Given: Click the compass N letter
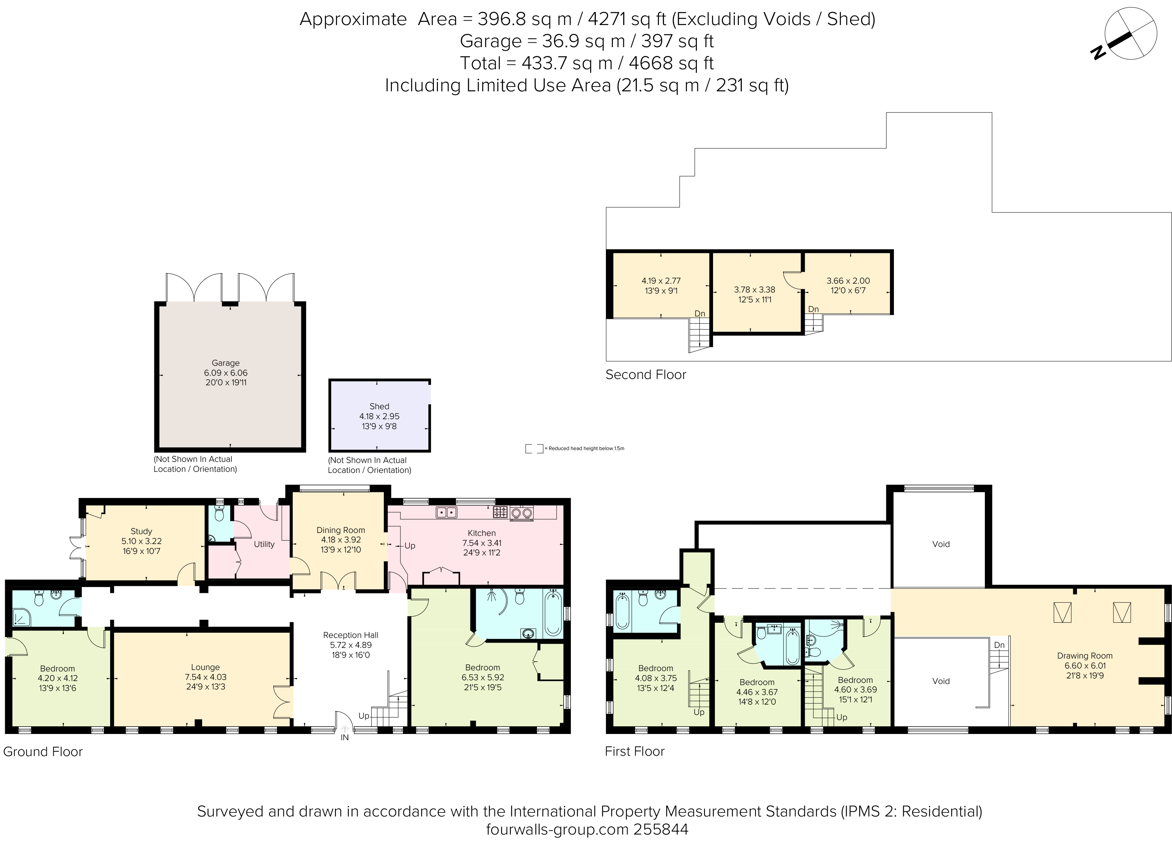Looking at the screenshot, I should [x=1098, y=52].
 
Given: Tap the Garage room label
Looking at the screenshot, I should [x=225, y=363].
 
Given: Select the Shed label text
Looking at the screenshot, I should [x=379, y=406].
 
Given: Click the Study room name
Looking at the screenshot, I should [x=141, y=531].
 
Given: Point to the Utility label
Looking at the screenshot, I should [x=264, y=544].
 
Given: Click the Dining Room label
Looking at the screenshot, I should [x=341, y=530].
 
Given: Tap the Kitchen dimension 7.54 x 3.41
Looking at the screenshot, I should [x=482, y=543].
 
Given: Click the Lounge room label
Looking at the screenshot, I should [x=205, y=667].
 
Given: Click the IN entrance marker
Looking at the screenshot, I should [x=345, y=738].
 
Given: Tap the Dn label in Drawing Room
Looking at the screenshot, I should [x=999, y=645].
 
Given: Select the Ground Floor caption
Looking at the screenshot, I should [x=43, y=752].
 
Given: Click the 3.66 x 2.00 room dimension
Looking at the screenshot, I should [x=848, y=281].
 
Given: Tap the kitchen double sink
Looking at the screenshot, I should [x=446, y=512].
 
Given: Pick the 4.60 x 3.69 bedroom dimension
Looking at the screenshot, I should [x=855, y=689].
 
